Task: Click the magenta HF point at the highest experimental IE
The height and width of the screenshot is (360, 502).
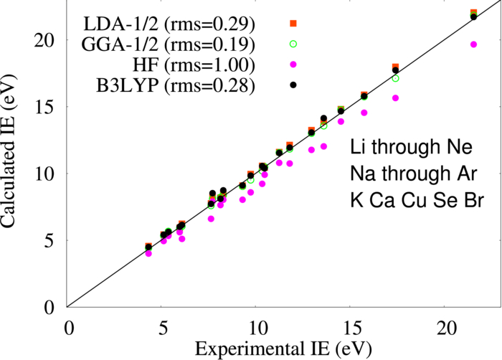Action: coord(473,44)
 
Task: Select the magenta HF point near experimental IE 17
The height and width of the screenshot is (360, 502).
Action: coord(395,98)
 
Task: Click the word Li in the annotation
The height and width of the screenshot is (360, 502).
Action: coord(357,149)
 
